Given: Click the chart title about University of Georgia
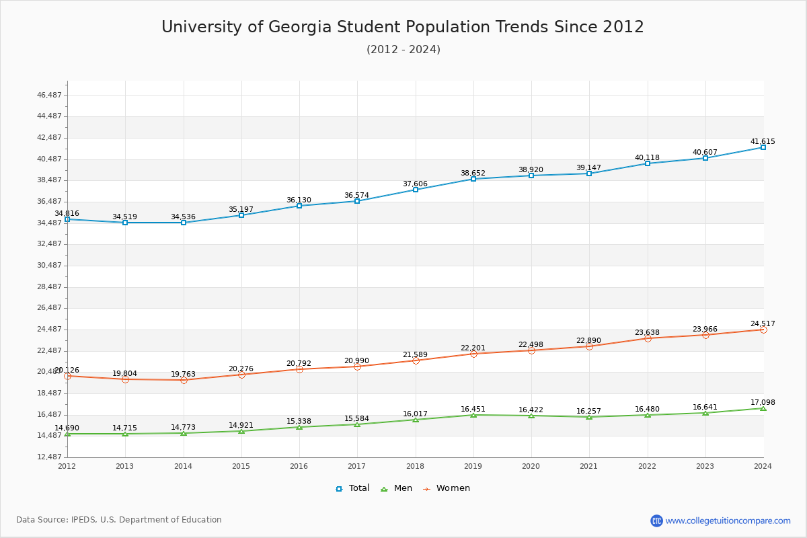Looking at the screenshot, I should point(402,27).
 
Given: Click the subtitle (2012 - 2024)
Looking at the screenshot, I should point(403,50).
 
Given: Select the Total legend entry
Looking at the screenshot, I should point(352,488).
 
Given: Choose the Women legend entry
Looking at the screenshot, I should point(447,488).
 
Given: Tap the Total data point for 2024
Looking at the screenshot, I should point(763,147).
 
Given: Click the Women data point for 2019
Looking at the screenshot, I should point(473,354).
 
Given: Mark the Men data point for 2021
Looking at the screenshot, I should point(589,417).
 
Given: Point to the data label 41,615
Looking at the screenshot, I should point(763,142).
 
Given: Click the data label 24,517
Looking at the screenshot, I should point(763,324).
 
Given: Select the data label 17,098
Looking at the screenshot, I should point(763,403).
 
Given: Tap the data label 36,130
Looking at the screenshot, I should point(299,200).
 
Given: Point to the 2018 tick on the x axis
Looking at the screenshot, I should point(415,466).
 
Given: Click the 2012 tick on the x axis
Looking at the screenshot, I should point(67,466).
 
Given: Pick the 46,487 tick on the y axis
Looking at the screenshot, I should point(49,95).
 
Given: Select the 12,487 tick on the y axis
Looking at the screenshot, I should point(49,457).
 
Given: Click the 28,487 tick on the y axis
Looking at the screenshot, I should point(49,286).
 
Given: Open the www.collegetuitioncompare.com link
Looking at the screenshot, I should point(728,521).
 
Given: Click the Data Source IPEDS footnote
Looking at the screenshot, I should point(119,520).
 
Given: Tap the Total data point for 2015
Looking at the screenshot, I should point(241,215).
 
